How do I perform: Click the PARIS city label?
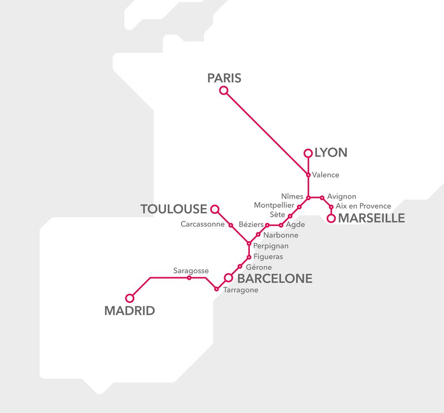click(224, 78)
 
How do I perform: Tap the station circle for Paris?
click(224, 90)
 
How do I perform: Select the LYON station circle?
click(308, 153)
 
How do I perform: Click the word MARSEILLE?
click(371, 218)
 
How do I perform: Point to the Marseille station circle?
click(331, 218)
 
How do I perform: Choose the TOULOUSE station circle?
click(214, 209)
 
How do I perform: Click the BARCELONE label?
click(275, 279)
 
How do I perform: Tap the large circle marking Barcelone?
click(228, 277)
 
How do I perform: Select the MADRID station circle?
click(129, 298)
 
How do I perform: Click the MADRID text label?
click(130, 311)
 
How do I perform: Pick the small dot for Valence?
click(308, 175)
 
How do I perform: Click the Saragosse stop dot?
click(189, 278)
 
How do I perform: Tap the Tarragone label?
click(241, 290)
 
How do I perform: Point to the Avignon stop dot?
click(322, 198)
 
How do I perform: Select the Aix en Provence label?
click(363, 206)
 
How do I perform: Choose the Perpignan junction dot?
click(249, 243)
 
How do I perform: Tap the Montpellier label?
click(274, 205)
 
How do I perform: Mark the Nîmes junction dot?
click(308, 198)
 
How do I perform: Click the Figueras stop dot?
click(249, 257)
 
